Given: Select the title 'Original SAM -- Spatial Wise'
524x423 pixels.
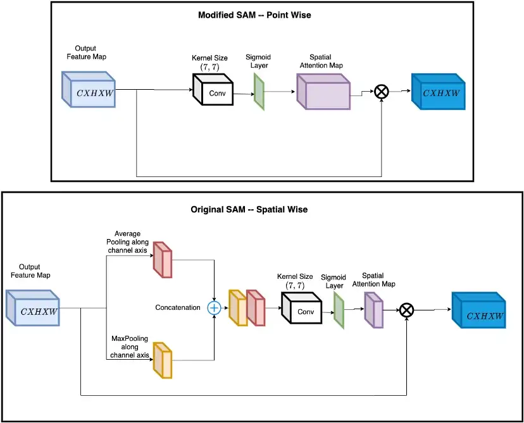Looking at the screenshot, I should pos(249,209).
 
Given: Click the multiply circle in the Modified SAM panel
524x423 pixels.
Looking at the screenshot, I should pos(381,92).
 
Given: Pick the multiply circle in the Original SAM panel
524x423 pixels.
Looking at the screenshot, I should pos(407,310).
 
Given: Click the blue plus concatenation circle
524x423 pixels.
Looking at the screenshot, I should pos(214,307).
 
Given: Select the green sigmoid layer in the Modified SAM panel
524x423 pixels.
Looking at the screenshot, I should pos(259,92).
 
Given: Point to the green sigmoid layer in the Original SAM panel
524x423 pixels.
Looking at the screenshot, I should pos(339,310).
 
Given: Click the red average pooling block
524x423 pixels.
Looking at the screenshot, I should pos(163,260).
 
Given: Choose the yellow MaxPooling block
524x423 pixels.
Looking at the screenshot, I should pos(163,359).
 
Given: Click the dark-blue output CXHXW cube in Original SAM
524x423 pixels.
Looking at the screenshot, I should pos(482,313).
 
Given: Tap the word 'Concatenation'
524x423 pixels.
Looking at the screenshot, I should pos(177,307).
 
